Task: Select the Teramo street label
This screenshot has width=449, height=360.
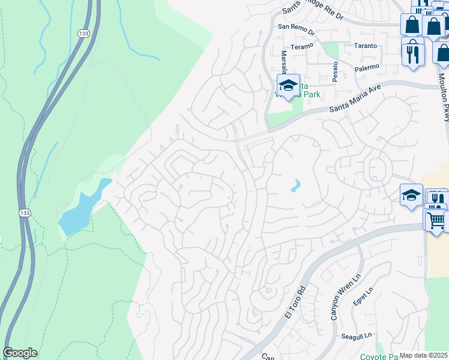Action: (302, 46)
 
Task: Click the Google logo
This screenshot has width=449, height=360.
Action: (20, 353)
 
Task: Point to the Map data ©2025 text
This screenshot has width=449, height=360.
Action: (424, 355)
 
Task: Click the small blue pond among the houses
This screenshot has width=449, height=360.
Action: (295, 186)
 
